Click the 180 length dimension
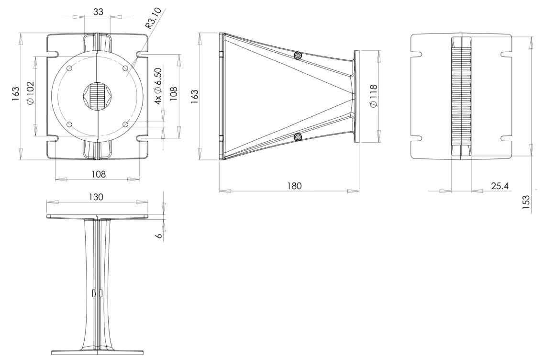[295, 186]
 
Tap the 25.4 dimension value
[500, 186]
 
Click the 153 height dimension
[526, 202]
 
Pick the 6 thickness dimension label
[159, 236]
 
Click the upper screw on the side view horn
[299, 56]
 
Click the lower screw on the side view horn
[299, 137]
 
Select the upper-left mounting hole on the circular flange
[69, 69]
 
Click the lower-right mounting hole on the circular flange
[125, 124]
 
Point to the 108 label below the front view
[99, 174]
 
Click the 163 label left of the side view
[195, 96]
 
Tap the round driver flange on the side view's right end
[357, 96]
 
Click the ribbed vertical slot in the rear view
[461, 96]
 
